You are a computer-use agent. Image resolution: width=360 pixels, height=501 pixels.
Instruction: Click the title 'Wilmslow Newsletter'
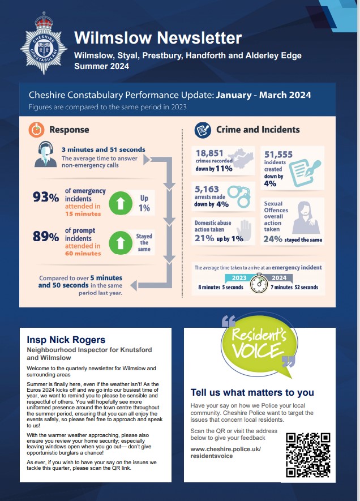coord(158,38)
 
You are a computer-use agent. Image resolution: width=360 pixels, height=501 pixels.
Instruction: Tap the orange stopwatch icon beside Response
coord(37,130)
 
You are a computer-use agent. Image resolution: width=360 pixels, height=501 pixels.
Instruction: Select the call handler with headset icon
coord(45,155)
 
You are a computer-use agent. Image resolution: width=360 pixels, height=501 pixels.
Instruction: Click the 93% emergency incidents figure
coord(46,197)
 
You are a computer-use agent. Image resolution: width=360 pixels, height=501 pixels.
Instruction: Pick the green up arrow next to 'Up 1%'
coord(121,203)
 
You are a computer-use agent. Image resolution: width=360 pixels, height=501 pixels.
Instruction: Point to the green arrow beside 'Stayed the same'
coord(121,243)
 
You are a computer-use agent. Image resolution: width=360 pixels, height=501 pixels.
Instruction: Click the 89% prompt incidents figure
coord(46,237)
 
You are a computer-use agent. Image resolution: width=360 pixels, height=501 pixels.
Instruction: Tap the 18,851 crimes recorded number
coord(209,153)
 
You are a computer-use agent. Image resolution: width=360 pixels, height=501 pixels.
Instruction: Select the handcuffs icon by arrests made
coord(239,195)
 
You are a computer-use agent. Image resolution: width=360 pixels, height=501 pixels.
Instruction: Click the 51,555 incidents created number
coord(278,155)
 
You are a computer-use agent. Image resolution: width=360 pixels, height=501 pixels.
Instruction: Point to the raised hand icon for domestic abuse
coord(245,230)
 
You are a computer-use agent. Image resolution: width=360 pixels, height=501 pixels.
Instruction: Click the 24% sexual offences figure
coord(273,239)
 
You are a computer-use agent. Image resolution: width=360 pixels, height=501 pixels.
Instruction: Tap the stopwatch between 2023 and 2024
coord(259,283)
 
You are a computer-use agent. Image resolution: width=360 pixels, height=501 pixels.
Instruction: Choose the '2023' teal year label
coord(239,278)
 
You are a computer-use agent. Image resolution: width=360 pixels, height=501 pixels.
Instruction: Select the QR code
coord(308,455)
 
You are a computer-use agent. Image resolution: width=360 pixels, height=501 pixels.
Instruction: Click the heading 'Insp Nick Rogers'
coord(66,340)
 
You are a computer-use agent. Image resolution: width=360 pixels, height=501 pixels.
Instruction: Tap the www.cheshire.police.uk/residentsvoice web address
coord(226,452)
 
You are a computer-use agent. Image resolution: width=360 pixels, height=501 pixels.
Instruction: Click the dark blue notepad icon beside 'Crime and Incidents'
coord(203,130)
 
